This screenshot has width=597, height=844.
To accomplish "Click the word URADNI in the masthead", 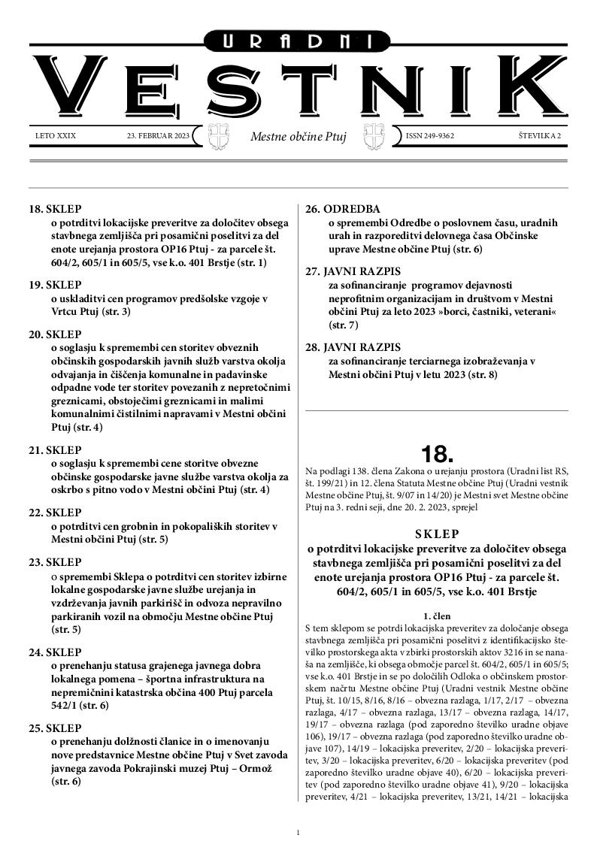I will tap(298, 42).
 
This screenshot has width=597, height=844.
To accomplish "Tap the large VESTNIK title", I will tap(298, 86).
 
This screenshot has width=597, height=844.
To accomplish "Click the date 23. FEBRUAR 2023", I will tap(159, 136).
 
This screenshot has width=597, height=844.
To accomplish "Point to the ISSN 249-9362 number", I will tap(430, 136).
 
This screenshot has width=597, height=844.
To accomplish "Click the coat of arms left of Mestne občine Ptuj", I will tap(217, 137).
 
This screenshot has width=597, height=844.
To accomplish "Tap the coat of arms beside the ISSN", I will tap(374, 137).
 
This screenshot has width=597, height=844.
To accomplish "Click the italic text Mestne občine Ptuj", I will tap(298, 137).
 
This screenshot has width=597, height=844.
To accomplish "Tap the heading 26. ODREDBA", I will tap(342, 208).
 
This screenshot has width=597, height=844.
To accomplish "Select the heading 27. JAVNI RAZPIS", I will tap(353, 268).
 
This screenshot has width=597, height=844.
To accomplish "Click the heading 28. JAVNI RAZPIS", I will tap(353, 346).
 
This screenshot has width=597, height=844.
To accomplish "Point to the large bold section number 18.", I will tap(437, 454).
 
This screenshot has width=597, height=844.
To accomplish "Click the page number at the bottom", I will tap(298, 832).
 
